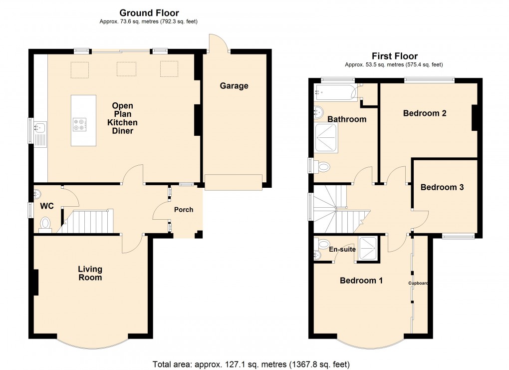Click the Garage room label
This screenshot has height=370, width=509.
point(234,86)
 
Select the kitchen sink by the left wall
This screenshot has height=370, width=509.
point(40,129)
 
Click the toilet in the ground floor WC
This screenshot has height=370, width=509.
point(45,223)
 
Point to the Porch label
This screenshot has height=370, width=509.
point(183,210)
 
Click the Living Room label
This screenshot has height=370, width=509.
point(90,273)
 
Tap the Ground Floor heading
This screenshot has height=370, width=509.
point(148,13)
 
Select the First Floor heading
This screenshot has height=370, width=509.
point(394,56)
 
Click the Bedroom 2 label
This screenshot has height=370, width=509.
point(424,113)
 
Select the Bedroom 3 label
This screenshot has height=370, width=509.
point(442,187)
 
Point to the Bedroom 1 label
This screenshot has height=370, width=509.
point(361,281)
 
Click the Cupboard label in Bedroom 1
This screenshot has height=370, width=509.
point(418,283)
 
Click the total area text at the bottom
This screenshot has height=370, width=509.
point(254,364)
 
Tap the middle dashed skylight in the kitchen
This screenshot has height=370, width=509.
point(125,69)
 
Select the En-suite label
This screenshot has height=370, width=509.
point(343,248)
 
